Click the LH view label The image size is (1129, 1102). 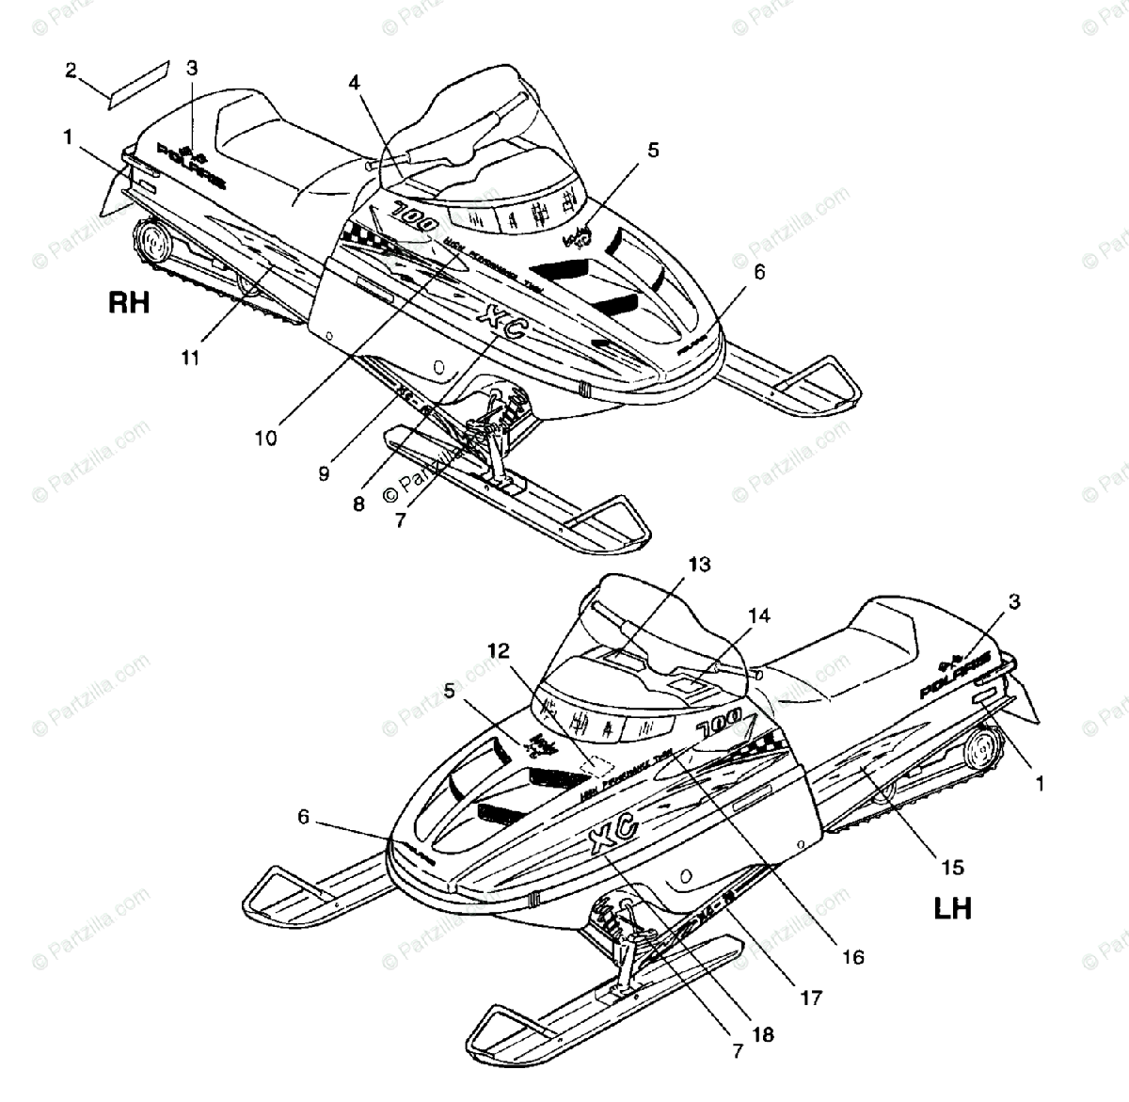952,908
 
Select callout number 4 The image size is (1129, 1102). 354,82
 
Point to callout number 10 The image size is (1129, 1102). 266,438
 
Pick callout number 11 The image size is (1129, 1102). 191,359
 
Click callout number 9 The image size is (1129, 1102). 324,474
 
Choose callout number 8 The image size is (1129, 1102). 358,503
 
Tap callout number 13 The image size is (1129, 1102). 699,565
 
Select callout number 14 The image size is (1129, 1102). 759,615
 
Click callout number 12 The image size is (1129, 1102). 499,649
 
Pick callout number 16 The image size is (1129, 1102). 852,957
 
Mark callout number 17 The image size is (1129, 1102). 811,996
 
